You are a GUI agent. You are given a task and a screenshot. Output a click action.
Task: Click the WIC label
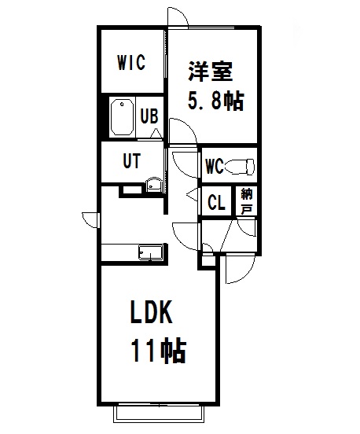(131, 63)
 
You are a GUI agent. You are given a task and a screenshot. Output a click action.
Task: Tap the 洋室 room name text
(211, 71)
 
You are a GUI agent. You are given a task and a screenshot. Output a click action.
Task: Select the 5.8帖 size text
(216, 100)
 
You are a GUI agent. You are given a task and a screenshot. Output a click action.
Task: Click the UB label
(149, 116)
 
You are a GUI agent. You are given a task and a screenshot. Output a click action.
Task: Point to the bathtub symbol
(123, 117)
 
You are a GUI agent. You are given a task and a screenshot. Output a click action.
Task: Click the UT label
(131, 161)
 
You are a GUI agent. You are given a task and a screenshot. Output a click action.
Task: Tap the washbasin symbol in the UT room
(153, 185)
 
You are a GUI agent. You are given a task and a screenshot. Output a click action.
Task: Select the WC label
(215, 167)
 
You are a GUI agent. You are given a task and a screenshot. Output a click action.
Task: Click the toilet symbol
(240, 167)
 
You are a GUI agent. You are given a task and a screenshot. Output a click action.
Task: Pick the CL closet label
(216, 203)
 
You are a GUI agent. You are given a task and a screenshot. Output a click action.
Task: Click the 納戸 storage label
(247, 201)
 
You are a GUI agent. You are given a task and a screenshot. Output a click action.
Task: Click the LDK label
(151, 312)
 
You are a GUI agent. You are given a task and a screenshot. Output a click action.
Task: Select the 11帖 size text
(158, 351)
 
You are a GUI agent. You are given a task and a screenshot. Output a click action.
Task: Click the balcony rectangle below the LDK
(159, 414)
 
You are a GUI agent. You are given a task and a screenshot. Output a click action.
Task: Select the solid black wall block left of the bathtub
(105, 117)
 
